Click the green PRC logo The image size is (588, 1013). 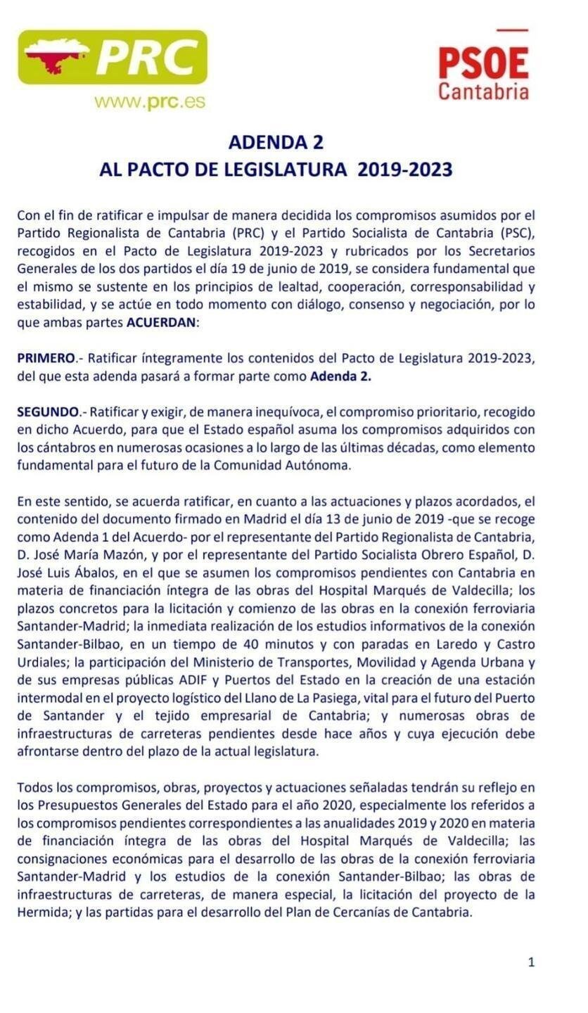coord(113,57)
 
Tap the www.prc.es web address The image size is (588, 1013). coord(149,101)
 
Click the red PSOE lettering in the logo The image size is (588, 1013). coord(483,63)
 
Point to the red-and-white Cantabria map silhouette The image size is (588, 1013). coord(55,56)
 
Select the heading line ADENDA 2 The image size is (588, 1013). coord(276,142)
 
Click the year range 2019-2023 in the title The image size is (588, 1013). coord(404,170)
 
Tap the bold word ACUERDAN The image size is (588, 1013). coord(161,323)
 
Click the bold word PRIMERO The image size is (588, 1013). coord(46,358)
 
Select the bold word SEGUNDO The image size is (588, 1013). coord(48,412)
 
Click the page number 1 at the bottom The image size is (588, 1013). coord(532,962)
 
